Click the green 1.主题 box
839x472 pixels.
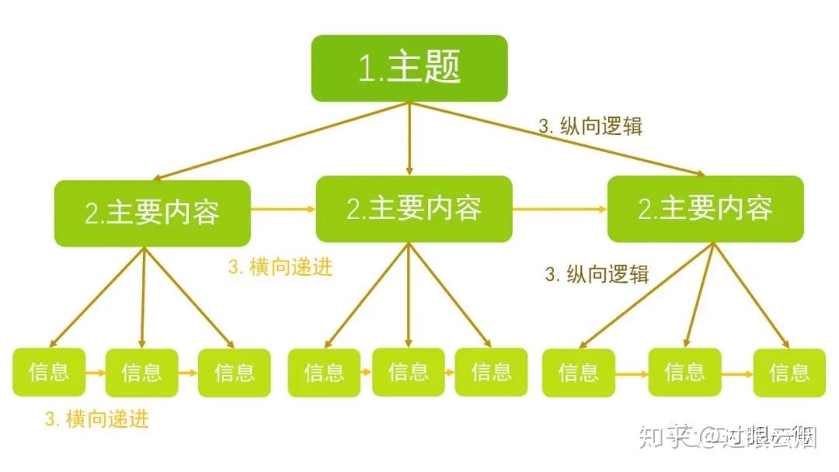tap(409, 68)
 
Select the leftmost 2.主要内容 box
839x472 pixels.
tap(152, 213)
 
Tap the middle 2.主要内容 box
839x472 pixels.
tap(414, 209)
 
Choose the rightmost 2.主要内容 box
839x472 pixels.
tap(705, 209)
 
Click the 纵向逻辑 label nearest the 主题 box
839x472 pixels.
tap(590, 126)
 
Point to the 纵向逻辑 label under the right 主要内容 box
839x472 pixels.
tap(597, 274)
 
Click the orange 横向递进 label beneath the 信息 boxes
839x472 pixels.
tap(96, 420)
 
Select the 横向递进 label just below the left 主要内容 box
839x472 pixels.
tap(280, 268)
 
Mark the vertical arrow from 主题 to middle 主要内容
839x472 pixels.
tap(409, 140)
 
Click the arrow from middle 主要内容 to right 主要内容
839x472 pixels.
tap(559, 209)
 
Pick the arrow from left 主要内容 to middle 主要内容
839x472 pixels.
tap(283, 209)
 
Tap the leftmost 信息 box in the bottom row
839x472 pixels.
tap(49, 372)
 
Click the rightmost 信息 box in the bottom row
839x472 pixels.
tap(789, 373)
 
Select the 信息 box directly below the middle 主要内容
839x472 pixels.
tap(409, 372)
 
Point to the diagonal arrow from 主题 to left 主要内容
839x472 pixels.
tap(280, 143)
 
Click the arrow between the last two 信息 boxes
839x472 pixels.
tap(736, 373)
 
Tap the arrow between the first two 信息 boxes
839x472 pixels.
tap(95, 373)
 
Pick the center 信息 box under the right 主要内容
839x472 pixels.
tap(684, 372)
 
